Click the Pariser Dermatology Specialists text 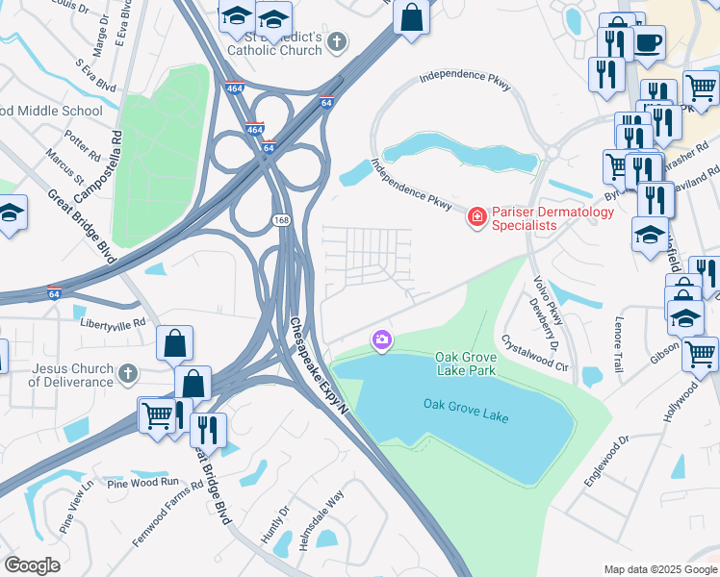point(525,218)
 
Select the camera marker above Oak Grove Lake point(382,339)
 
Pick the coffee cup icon point(648,43)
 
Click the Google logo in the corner point(32,564)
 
